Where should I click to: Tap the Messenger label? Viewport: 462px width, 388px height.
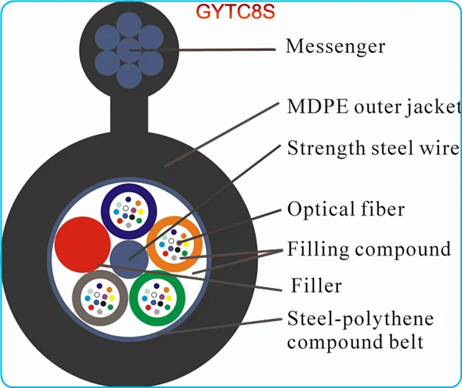click(x=335, y=47)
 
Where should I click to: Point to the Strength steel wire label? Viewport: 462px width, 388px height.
click(x=373, y=148)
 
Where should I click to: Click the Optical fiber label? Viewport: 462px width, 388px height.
click(x=346, y=209)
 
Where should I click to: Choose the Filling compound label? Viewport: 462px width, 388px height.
click(x=368, y=249)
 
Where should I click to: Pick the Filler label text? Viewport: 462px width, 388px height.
click(x=317, y=287)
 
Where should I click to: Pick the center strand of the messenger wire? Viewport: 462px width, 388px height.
click(x=129, y=51)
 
